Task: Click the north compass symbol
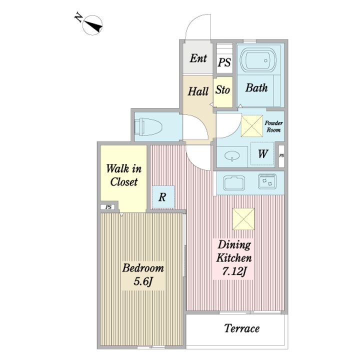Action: click(x=92, y=25)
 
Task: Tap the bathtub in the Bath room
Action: click(x=258, y=60)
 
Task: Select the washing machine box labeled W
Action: click(x=262, y=154)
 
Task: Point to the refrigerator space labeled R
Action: click(x=163, y=197)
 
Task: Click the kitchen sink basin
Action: click(x=234, y=183)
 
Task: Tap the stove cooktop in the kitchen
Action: click(x=267, y=181)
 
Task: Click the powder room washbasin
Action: click(x=232, y=156)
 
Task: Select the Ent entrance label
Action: click(x=198, y=58)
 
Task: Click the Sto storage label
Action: click(x=222, y=90)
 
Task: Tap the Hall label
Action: click(x=198, y=91)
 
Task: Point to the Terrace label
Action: click(x=242, y=328)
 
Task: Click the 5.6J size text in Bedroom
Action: click(x=143, y=281)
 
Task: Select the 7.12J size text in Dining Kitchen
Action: click(x=234, y=271)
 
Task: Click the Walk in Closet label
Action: click(x=124, y=175)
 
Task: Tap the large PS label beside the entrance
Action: click(x=224, y=62)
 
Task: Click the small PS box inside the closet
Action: click(x=108, y=207)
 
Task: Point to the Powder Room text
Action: click(x=273, y=126)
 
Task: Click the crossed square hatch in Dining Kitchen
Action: click(x=243, y=219)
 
